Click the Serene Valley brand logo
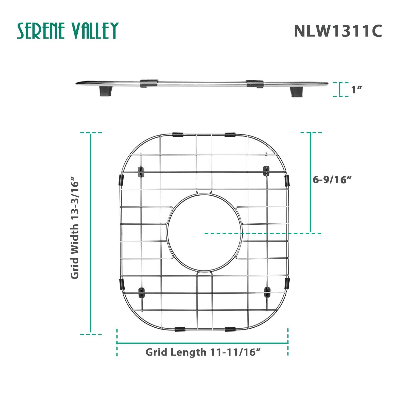[x=68, y=31]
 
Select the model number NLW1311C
[x=338, y=31]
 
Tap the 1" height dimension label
[x=356, y=90]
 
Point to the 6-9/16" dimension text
[x=333, y=180]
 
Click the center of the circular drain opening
[x=205, y=233]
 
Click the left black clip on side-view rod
[x=149, y=83]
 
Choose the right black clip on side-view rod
[x=254, y=84]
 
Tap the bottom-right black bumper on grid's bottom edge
[x=230, y=329]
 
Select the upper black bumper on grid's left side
[x=121, y=180]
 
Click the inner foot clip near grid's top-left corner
[x=142, y=171]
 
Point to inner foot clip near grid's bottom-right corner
[x=267, y=292]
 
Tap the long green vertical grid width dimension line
[x=91, y=233]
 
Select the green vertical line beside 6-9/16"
[x=311, y=182]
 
